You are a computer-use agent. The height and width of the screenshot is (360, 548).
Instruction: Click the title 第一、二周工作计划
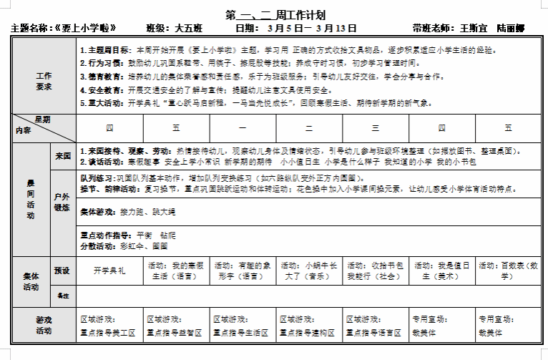(275, 14)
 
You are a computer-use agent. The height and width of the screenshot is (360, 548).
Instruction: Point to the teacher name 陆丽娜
(509, 29)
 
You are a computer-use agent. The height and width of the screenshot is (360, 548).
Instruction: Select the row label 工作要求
(44, 81)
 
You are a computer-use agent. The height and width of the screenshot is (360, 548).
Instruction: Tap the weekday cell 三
(375, 128)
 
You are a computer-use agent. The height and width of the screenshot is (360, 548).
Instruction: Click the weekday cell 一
(243, 128)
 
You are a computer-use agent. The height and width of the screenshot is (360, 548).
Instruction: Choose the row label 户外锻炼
(62, 201)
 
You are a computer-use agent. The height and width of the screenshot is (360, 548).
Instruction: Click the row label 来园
(62, 155)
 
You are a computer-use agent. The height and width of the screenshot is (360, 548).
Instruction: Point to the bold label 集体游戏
(97, 213)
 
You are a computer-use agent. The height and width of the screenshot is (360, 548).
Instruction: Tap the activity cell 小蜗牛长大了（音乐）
(308, 271)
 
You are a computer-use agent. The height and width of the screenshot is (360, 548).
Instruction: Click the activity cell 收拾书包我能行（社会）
(375, 271)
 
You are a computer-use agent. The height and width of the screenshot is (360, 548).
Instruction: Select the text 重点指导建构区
(308, 332)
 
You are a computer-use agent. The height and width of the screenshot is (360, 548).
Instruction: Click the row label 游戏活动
(44, 326)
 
